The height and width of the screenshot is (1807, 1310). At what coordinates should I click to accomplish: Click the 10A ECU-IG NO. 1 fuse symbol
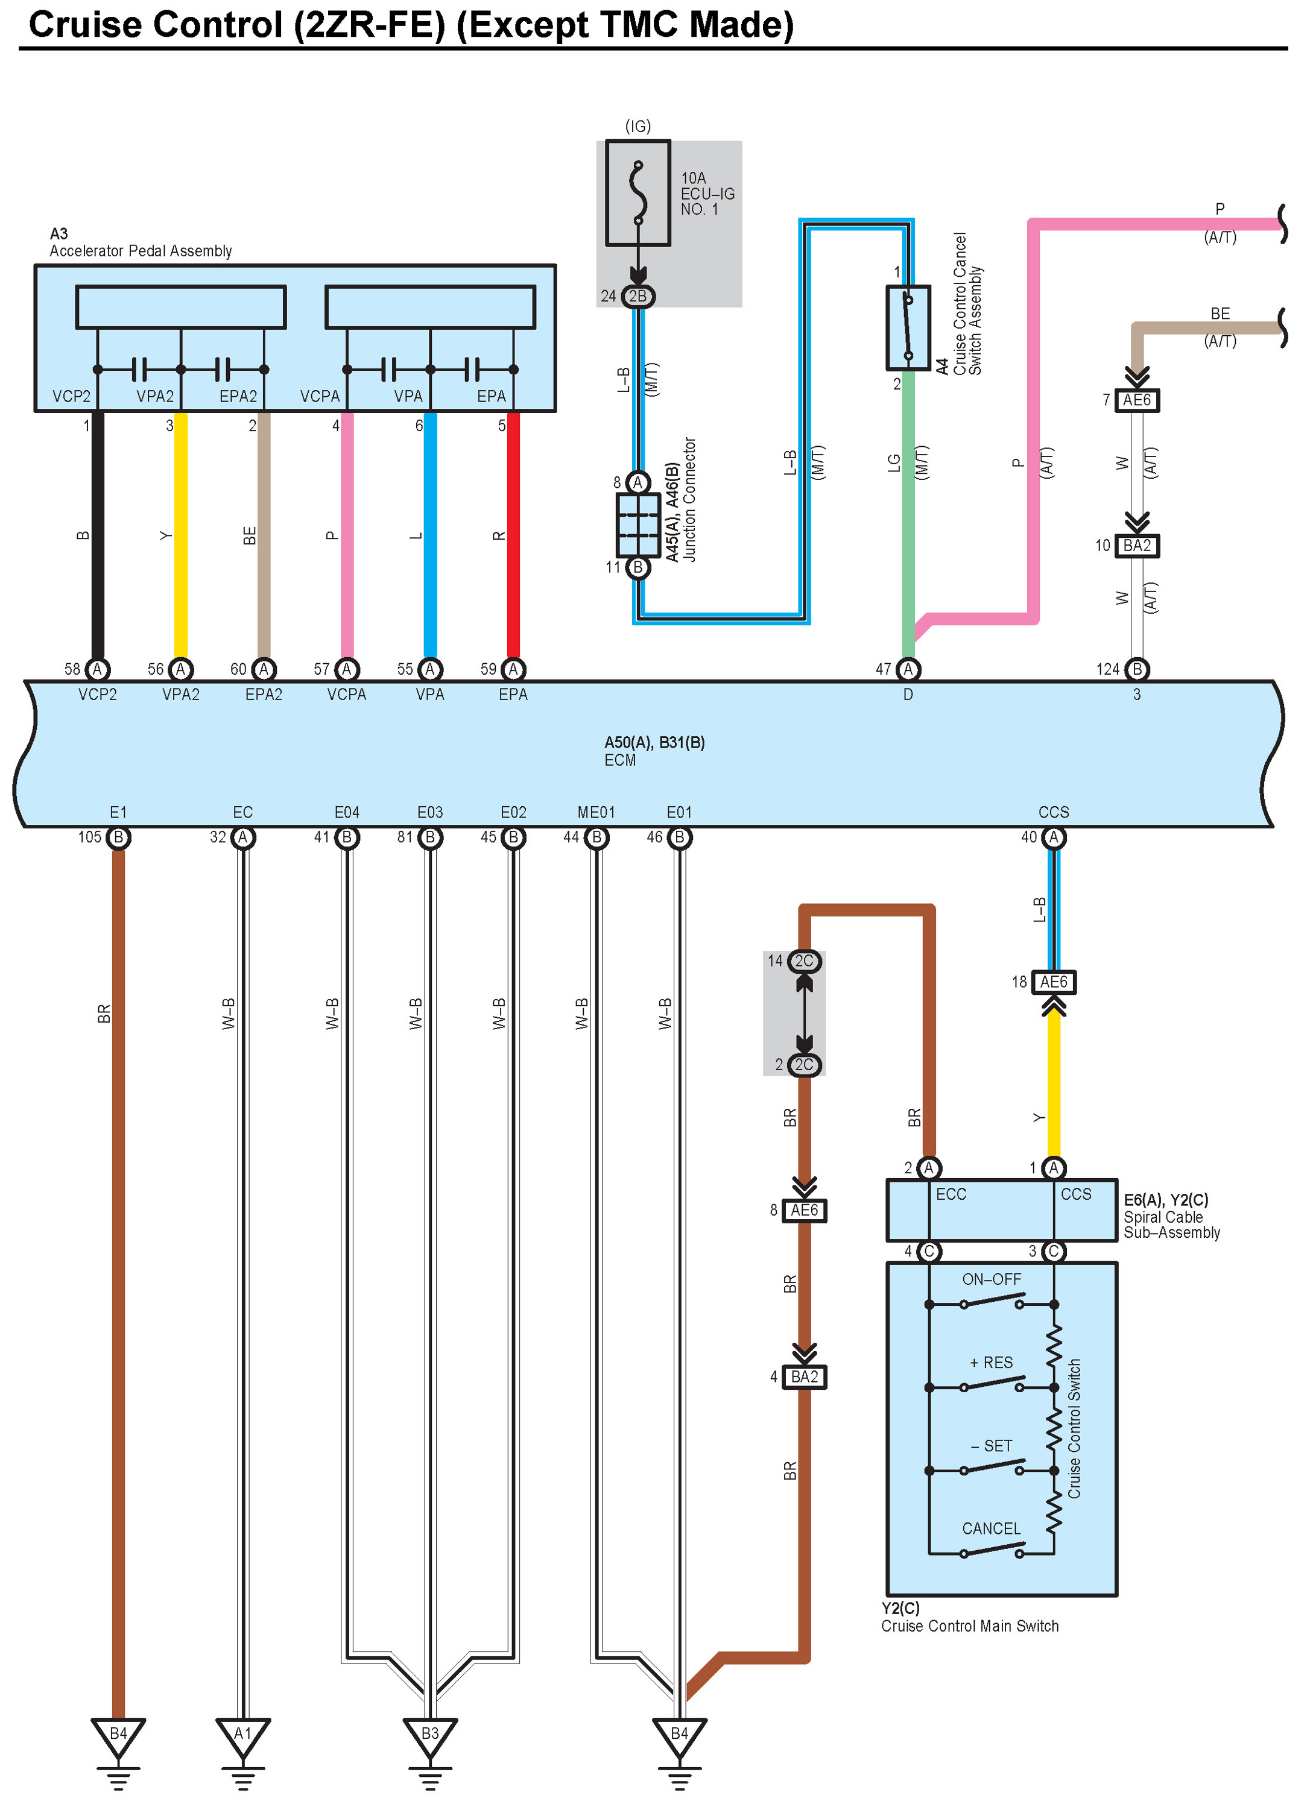[x=638, y=193]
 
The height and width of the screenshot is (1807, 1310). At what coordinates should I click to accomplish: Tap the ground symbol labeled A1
[x=243, y=1737]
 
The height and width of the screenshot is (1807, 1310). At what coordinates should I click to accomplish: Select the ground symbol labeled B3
[x=429, y=1737]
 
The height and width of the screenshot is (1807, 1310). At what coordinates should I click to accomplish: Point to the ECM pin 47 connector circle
[x=908, y=669]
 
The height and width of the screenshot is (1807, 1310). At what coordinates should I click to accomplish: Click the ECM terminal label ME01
[x=596, y=812]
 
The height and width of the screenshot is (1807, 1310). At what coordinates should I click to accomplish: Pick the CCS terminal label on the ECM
[x=1054, y=812]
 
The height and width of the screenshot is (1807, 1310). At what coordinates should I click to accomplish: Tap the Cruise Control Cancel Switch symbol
[x=908, y=327]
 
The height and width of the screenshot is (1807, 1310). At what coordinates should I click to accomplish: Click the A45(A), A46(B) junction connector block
[x=638, y=525]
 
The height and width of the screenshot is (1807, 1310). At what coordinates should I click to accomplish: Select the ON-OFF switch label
[x=992, y=1279]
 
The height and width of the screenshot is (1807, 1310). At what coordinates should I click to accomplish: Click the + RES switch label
[x=992, y=1363]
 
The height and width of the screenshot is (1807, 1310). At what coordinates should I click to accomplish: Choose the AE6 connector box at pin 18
[x=1054, y=982]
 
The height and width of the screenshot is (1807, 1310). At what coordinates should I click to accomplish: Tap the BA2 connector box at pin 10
[x=1136, y=546]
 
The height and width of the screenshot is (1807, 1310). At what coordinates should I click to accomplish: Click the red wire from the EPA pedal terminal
[x=513, y=534]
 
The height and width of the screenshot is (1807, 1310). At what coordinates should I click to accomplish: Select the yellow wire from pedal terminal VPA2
[x=181, y=534]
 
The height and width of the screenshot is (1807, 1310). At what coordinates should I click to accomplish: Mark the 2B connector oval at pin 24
[x=638, y=297]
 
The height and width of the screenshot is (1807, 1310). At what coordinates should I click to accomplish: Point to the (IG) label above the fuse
[x=638, y=126]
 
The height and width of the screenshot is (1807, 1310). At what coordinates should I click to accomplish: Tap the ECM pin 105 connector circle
[x=119, y=837]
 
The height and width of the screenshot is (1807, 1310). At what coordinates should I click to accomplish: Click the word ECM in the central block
[x=620, y=760]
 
